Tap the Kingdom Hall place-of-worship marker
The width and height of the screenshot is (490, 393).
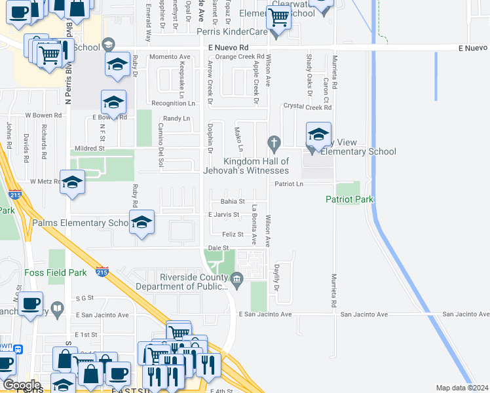click(x=274, y=142)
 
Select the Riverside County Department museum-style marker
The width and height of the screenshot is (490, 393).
click(x=236, y=282)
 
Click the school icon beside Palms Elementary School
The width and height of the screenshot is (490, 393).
click(x=141, y=223)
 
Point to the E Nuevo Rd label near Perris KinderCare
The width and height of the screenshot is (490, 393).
click(x=229, y=48)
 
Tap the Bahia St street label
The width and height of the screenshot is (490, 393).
click(x=232, y=202)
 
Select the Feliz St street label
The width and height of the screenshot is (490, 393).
click(x=233, y=234)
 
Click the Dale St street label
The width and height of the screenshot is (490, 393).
click(x=217, y=248)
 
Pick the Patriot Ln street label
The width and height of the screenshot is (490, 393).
click(x=289, y=185)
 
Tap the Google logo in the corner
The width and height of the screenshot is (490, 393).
click(x=22, y=385)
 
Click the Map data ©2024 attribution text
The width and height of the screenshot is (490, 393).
click(x=461, y=388)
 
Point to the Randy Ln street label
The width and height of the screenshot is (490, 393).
click(x=176, y=119)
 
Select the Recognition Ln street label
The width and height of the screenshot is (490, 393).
click(x=173, y=103)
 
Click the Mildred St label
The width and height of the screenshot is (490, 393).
click(x=90, y=149)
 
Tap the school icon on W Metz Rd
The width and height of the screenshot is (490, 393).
click(x=72, y=184)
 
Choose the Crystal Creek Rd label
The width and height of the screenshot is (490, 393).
click(x=307, y=107)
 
